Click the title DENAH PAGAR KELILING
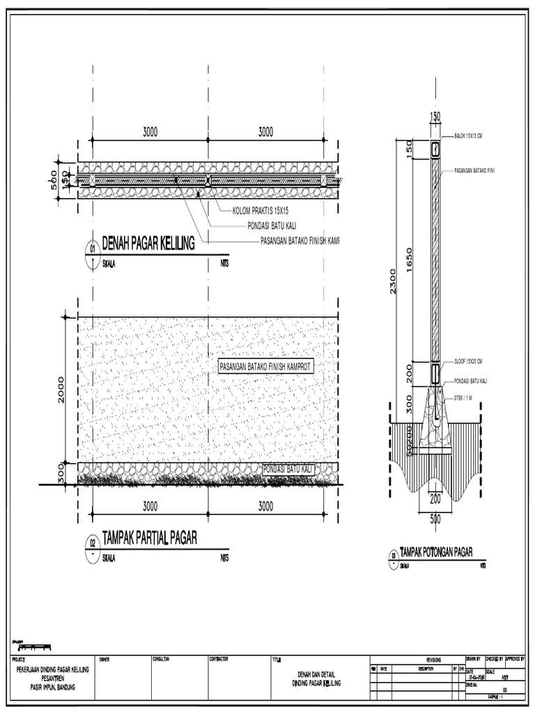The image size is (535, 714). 148,244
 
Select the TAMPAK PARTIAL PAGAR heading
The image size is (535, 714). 150,538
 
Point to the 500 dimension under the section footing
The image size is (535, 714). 435,518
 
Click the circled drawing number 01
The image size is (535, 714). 91,249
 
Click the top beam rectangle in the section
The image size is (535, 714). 435,149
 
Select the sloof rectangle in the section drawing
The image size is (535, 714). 435,374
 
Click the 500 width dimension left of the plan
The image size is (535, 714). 54,181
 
